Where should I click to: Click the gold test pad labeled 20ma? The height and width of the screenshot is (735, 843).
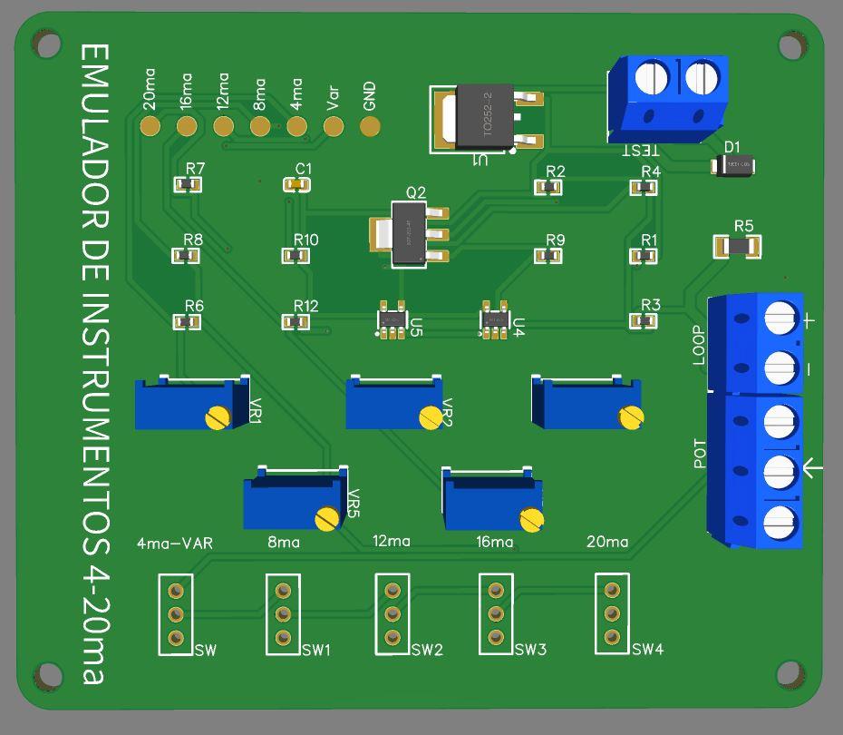click(150, 126)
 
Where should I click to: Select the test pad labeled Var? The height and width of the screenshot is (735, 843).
click(334, 126)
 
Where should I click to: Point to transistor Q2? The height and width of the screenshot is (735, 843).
click(409, 234)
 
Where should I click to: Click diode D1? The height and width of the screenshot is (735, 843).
click(733, 165)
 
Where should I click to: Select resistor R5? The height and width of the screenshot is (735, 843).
click(737, 246)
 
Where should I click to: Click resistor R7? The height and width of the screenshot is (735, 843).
click(188, 185)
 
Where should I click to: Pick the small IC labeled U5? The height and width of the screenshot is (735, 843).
click(392, 321)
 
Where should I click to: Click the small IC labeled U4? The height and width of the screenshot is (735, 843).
click(494, 321)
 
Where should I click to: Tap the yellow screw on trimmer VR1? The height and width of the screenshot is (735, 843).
click(217, 417)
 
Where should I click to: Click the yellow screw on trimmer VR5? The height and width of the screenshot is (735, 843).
click(327, 519)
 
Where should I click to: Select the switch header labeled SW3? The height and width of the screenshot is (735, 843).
click(495, 614)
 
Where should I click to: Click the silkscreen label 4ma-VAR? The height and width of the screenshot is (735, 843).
click(174, 544)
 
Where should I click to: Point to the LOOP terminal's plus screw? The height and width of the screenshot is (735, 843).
click(780, 319)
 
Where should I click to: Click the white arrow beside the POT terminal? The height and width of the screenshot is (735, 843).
click(813, 468)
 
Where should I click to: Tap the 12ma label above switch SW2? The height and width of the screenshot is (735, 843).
click(392, 541)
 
